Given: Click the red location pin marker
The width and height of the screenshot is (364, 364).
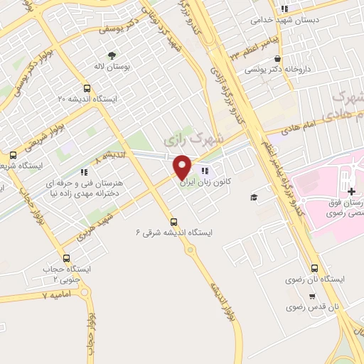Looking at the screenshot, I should click(x=182, y=167).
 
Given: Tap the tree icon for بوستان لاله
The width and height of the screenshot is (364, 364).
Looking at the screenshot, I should click(x=111, y=55).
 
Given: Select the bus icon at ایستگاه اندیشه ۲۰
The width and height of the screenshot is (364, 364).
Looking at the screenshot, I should click(x=87, y=89).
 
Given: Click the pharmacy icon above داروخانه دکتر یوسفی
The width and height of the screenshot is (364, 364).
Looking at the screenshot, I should click(x=277, y=59).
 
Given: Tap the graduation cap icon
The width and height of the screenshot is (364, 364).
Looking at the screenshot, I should click(x=253, y=197).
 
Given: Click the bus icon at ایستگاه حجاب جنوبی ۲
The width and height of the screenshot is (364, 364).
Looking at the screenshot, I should click(x=67, y=259).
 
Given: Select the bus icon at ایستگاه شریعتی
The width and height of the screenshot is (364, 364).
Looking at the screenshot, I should click(x=13, y=156).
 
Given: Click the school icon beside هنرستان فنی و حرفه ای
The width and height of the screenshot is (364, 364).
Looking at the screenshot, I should click(x=84, y=171).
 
